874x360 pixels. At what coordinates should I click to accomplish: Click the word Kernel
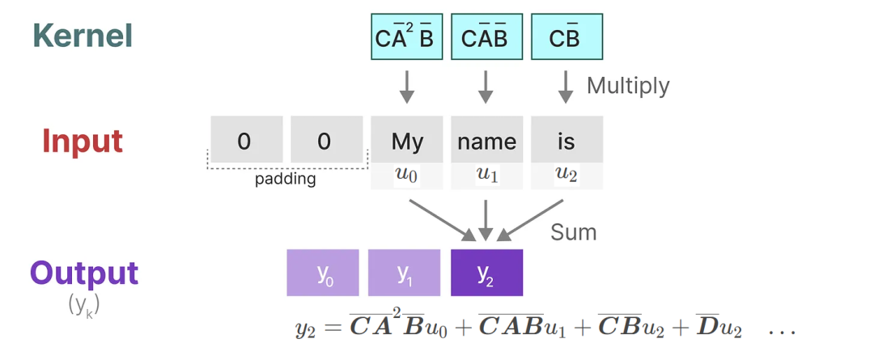(83, 36)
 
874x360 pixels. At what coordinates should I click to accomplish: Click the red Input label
(83, 142)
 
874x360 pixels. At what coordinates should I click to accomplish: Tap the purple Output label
(83, 273)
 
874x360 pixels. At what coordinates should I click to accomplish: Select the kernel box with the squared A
(407, 36)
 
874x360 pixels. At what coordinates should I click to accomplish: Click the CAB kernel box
(486, 36)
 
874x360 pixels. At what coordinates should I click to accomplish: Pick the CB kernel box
(566, 36)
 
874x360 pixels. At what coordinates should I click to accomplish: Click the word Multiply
(628, 86)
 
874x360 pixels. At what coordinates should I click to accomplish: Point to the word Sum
(574, 232)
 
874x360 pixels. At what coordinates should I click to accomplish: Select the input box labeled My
(407, 139)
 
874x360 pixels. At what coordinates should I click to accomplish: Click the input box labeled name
(486, 139)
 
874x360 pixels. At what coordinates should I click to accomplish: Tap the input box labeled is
(566, 139)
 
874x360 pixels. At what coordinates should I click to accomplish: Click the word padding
(286, 180)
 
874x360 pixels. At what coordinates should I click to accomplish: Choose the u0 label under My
(407, 176)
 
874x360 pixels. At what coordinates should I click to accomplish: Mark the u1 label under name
(486, 176)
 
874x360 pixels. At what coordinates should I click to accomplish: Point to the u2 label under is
(566, 176)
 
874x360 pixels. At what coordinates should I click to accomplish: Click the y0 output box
(323, 273)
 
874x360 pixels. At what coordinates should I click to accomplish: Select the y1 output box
(404, 273)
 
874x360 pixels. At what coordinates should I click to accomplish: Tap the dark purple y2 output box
(486, 273)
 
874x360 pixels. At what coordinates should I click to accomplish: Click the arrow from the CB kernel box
(566, 87)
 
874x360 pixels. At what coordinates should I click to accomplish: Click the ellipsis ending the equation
(782, 332)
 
